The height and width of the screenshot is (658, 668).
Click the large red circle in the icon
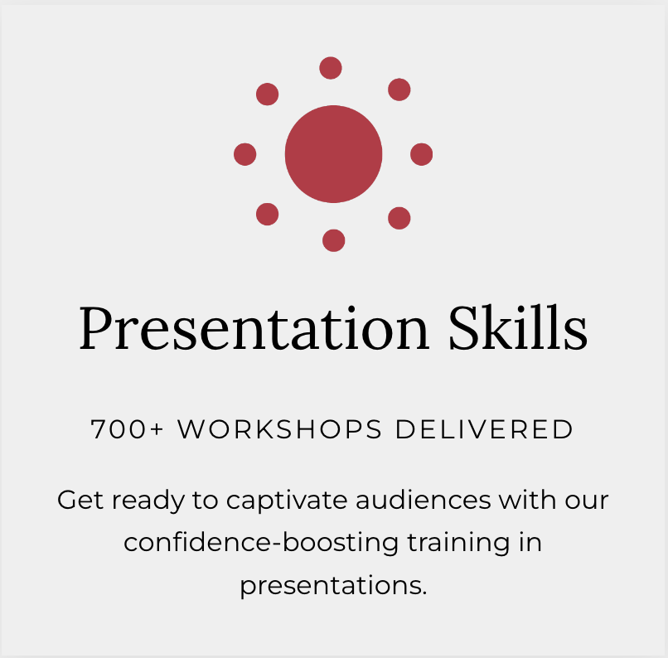333,154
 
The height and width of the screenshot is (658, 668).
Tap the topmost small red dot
331,68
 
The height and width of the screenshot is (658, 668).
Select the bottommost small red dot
333,240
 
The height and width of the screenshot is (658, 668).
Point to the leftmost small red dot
245,154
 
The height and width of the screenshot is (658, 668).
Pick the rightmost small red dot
421,154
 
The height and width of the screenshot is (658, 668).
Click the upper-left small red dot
267,94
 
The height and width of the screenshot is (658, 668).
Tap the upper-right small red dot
399,90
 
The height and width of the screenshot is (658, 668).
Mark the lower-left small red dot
267,214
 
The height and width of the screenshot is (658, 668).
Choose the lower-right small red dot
399,218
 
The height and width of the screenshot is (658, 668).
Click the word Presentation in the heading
254,328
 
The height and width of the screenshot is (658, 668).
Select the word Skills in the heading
518,327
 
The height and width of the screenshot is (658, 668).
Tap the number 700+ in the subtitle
127,429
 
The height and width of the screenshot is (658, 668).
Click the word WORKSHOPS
279,429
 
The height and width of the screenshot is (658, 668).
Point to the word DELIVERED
484,429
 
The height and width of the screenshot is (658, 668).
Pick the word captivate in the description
287,501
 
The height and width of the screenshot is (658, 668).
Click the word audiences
424,500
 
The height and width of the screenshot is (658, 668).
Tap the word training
458,543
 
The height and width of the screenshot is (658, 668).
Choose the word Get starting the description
80,500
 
